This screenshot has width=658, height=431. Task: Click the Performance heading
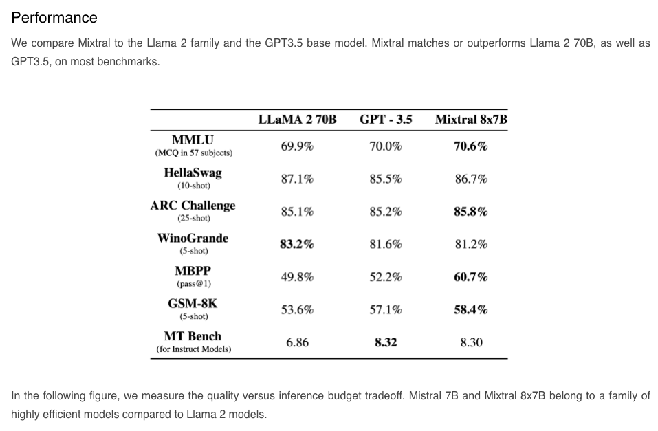click(54, 18)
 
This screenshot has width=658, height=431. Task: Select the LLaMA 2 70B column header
click(297, 119)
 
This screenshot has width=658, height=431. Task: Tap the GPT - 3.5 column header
click(386, 119)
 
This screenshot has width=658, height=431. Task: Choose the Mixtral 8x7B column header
click(471, 119)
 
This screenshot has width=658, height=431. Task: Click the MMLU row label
click(193, 140)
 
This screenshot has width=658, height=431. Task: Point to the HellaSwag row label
click(193, 173)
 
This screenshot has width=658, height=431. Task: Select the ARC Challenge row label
click(193, 206)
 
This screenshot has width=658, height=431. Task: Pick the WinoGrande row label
click(193, 239)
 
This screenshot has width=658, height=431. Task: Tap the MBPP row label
click(193, 271)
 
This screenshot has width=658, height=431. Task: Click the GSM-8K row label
click(193, 304)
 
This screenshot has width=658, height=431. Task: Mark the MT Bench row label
click(193, 336)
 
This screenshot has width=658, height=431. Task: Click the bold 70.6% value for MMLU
click(471, 146)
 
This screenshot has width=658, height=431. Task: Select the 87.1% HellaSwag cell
click(297, 179)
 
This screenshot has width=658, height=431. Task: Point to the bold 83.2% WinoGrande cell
click(297, 244)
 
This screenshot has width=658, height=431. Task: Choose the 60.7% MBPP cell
click(471, 277)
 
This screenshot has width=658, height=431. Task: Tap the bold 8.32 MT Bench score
click(386, 342)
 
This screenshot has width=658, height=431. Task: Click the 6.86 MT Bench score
click(297, 342)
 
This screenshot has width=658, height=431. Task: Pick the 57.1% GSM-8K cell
click(386, 310)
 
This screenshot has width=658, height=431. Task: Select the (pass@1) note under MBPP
click(193, 283)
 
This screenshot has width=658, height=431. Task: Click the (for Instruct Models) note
click(193, 349)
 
